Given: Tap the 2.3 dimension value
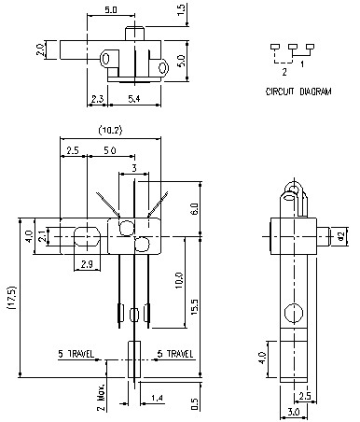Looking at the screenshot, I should (98, 98).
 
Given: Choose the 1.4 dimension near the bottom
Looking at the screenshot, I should (158, 399).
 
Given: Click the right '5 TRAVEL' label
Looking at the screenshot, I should (174, 354).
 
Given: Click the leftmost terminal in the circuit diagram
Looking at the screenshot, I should (276, 46).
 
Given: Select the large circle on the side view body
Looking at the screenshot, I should (291, 312).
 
